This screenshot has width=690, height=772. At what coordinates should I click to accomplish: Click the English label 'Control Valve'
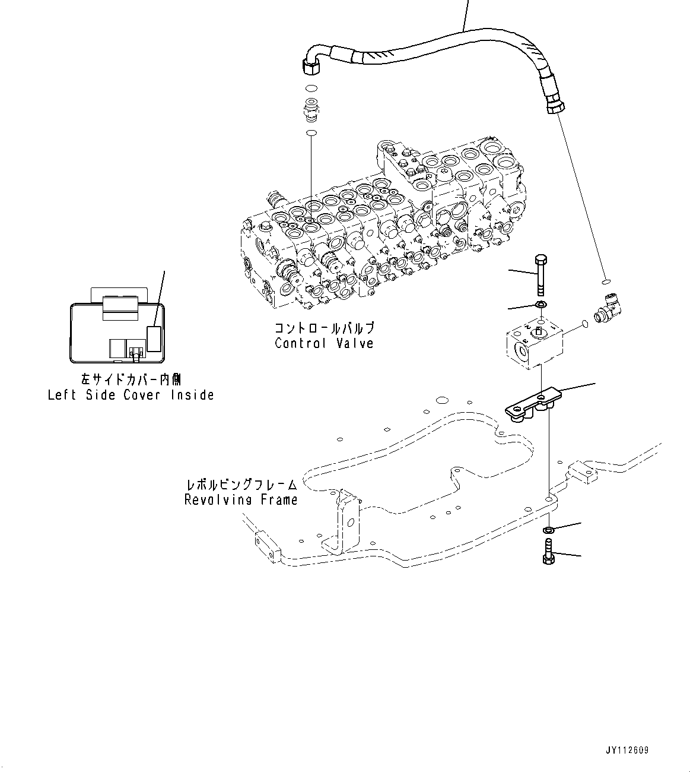coord(324,343)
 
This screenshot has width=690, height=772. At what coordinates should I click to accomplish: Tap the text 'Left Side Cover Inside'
coord(131,395)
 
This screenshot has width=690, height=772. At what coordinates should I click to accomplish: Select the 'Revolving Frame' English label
coord(241,500)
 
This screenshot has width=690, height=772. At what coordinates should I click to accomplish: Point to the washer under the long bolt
coord(540,305)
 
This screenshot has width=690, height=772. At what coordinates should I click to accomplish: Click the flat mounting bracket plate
coord(533,406)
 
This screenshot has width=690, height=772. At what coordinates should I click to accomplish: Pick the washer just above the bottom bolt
coord(549,529)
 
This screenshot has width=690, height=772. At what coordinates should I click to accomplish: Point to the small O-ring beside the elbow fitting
coord(584,324)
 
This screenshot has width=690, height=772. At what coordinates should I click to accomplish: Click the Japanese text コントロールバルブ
coord(324,328)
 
